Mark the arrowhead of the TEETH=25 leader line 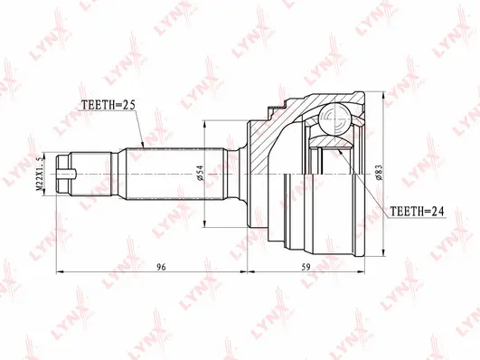144,144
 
